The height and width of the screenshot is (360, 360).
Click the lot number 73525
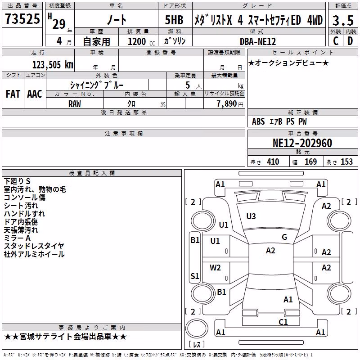pos(22,18)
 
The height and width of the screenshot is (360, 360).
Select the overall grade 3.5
pos(343,21)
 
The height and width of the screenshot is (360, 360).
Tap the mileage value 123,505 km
pos(53,64)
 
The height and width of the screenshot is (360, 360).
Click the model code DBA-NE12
pos(258,41)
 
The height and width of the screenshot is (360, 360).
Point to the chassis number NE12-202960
pos(302,143)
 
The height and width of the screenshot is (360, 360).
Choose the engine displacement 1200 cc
pos(141,41)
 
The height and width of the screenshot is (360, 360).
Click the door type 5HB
pos(174,20)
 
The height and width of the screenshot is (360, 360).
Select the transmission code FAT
pos(13,94)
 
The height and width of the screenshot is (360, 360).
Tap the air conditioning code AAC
pos(35,94)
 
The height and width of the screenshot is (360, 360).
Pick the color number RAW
pos(75,104)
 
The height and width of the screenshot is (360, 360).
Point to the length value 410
pos(273,162)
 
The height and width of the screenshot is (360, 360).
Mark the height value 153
pos(346,162)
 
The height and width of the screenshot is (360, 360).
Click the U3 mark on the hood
pos(251,216)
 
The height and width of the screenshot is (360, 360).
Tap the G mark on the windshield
pos(284,237)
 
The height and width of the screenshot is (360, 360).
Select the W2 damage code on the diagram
pos(215,268)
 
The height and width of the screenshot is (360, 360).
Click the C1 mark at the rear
pos(283,322)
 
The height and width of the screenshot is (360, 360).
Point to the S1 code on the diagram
pos(195,276)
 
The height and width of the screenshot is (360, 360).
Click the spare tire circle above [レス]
pos(197,328)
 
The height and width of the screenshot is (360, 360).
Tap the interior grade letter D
pos(350,41)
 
